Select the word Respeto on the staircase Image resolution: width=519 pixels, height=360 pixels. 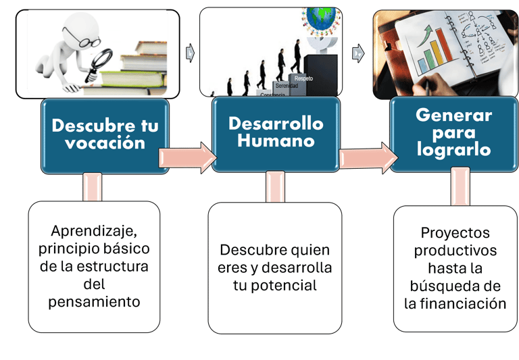[303, 79]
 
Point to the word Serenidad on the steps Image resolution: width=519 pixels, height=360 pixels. [287, 86]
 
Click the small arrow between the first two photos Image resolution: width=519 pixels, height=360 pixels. [191, 51]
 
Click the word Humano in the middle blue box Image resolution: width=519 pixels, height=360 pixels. [276, 140]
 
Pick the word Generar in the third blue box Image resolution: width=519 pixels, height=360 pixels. [453, 115]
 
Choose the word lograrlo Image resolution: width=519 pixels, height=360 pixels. [453, 149]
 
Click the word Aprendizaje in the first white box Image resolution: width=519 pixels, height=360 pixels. [95, 230]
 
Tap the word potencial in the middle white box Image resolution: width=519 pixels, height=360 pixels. [275, 285]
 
